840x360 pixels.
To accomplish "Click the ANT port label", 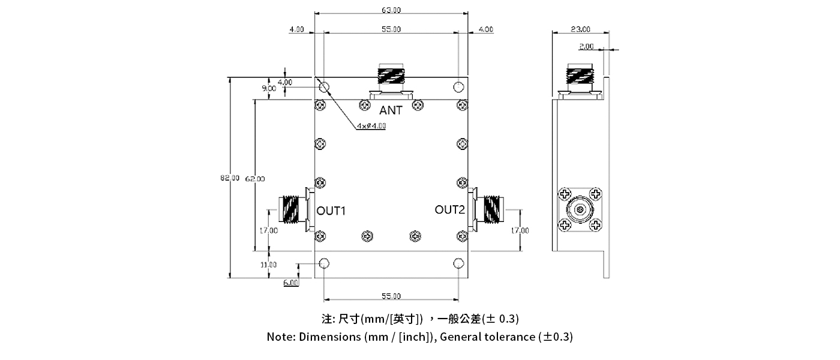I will pos(391,110).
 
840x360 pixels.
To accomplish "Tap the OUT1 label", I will pos(331,211).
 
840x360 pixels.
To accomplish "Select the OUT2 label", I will pos(450,209).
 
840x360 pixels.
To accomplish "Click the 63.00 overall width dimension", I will pos(391,10).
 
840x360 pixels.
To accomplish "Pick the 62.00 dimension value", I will pos(256,178).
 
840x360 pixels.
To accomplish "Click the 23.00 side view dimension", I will pos(580,29).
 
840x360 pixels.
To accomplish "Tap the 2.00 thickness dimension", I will pos(586,46).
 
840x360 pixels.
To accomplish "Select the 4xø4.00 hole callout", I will pos(371,126).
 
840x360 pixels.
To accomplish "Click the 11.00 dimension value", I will pos(268,265).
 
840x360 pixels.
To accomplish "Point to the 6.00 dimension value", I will pos(290,283).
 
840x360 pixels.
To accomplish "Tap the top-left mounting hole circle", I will pos(324,87).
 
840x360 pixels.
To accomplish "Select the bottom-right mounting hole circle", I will pos(459,263).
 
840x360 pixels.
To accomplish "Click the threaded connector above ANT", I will pos(391,76).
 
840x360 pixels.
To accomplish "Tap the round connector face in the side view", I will pos(580,210).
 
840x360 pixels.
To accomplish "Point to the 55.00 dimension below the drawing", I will pos(391,296).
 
